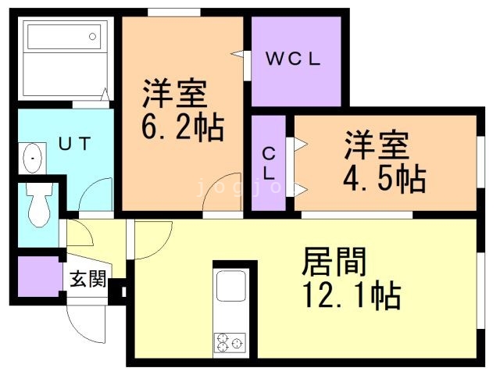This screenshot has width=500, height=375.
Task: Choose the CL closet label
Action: click(268, 162)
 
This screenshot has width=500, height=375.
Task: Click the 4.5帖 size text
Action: click(384, 179)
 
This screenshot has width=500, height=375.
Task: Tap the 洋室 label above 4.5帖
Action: click(377, 148)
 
